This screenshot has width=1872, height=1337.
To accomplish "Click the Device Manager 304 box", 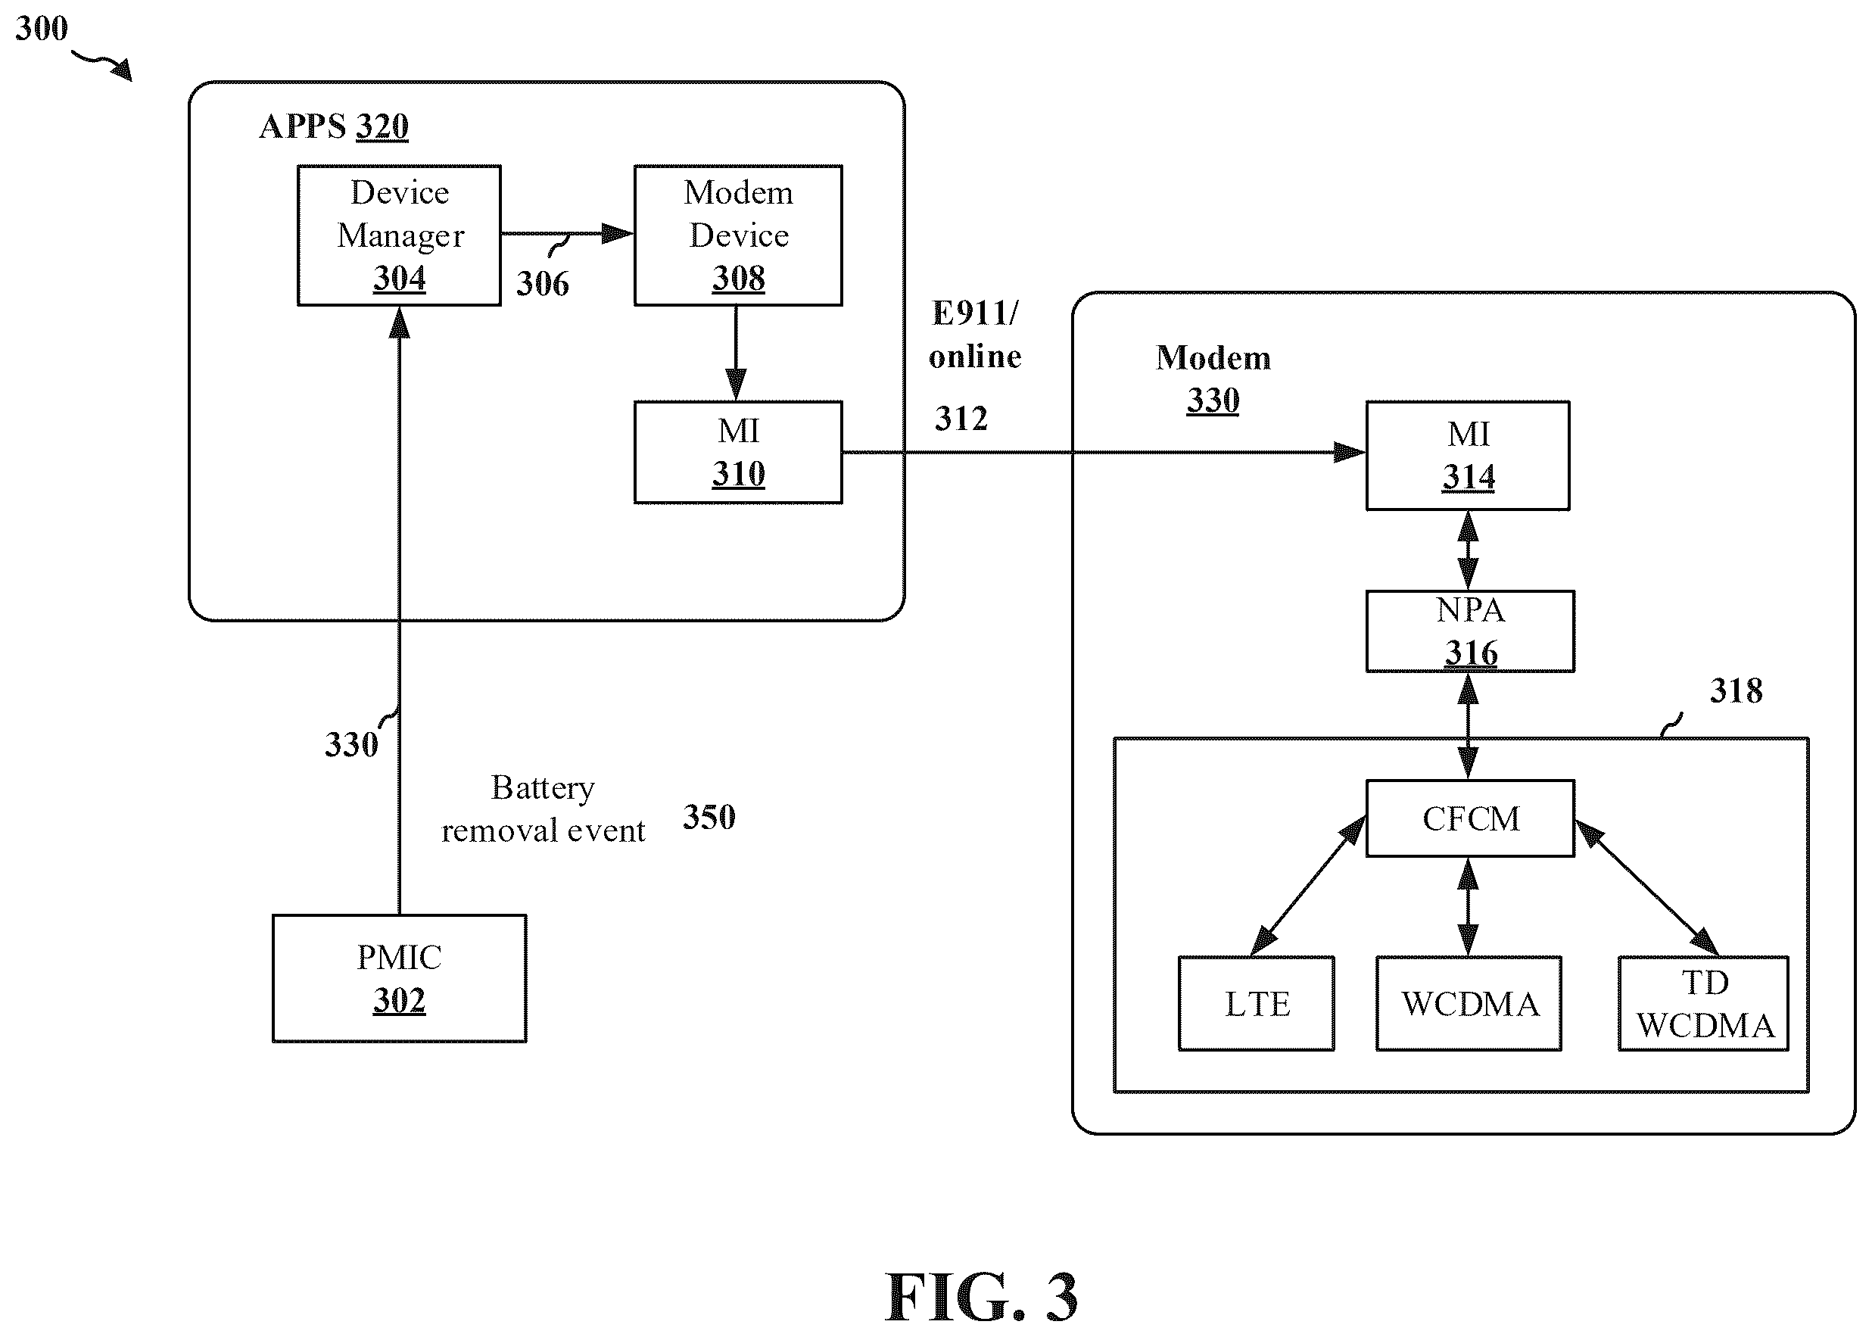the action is pyautogui.click(x=399, y=235).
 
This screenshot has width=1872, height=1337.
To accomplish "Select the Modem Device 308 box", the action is pyautogui.click(x=737, y=235).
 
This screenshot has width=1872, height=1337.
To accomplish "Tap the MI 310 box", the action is pyautogui.click(x=737, y=452).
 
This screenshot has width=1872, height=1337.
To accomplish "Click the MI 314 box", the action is pyautogui.click(x=1468, y=455).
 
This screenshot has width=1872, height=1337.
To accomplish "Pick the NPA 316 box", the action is pyautogui.click(x=1470, y=631).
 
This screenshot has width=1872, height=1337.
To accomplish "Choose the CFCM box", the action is pyautogui.click(x=1470, y=818).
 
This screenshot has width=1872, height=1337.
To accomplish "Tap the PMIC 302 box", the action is pyautogui.click(x=399, y=979).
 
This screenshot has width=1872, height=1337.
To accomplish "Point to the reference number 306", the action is pyautogui.click(x=543, y=284).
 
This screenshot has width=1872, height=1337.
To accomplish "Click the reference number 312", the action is pyautogui.click(x=961, y=418).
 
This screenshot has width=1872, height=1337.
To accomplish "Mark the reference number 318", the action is pyautogui.click(x=1737, y=690).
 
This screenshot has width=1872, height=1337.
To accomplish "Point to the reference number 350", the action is pyautogui.click(x=709, y=817).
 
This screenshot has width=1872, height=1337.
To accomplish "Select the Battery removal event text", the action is pyautogui.click(x=543, y=809).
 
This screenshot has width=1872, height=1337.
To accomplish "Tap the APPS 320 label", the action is pyautogui.click(x=333, y=126).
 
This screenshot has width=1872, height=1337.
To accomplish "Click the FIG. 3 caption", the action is pyautogui.click(x=980, y=1297).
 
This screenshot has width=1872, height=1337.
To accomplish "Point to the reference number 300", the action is pyautogui.click(x=41, y=28).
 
